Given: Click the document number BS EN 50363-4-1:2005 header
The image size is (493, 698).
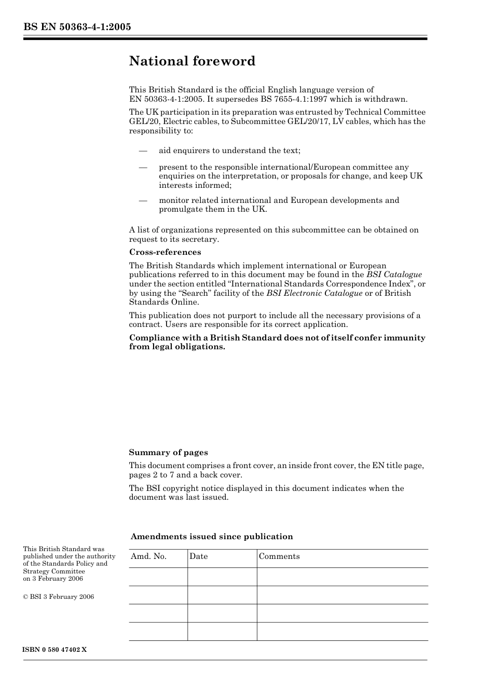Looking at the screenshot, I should click(77, 26).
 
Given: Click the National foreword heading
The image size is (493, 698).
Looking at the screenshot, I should click(192, 61).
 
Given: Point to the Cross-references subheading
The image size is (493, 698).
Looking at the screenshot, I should click(165, 252).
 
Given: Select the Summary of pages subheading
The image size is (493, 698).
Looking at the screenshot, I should click(168, 453).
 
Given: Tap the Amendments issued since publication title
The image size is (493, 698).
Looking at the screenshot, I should click(212, 537).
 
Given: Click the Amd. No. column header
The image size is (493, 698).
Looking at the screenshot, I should click(148, 556).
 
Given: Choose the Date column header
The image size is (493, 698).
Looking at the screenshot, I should click(198, 556).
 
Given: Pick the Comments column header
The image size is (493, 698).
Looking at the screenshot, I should click(279, 556).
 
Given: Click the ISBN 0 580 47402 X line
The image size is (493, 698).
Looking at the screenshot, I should click(55, 650).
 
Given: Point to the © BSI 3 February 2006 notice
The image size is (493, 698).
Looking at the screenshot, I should click(59, 597).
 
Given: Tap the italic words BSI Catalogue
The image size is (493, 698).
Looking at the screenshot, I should click(394, 275).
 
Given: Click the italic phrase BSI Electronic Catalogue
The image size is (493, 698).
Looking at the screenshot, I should click(314, 293).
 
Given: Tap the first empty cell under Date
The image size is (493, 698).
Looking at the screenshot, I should click(222, 577).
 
